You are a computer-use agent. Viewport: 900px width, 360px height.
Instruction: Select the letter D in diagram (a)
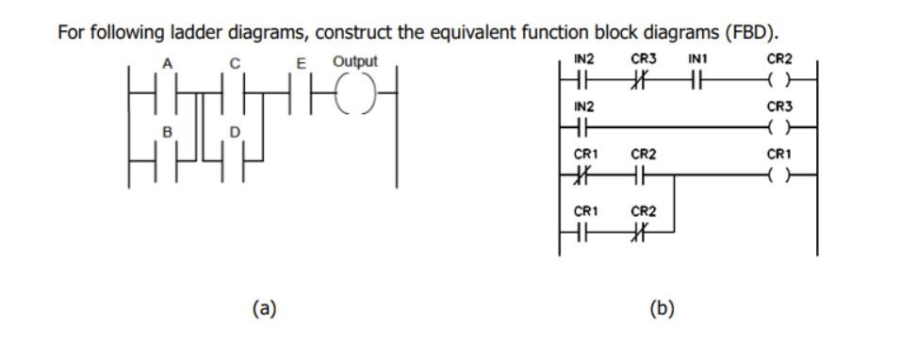[235, 131]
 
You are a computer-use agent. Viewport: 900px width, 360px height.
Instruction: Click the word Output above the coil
[355, 61]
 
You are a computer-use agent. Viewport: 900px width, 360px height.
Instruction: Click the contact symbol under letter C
[237, 93]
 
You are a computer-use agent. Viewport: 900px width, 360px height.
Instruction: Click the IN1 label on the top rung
[697, 60]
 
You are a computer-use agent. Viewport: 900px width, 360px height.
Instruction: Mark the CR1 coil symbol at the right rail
[779, 174]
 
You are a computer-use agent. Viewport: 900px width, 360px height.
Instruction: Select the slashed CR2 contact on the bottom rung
[644, 228]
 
